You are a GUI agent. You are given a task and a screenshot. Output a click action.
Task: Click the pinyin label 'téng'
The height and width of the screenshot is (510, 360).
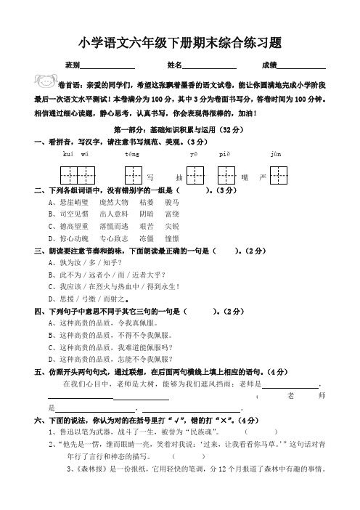pyautogui.click(x=132, y=155)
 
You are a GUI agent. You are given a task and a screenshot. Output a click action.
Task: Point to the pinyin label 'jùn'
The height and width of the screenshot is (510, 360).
pyautogui.click(x=275, y=155)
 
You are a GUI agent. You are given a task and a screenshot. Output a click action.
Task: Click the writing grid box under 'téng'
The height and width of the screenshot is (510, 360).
pyautogui.click(x=133, y=175)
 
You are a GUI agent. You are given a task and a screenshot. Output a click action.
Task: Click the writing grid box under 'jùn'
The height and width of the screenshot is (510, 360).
pyautogui.click(x=276, y=175)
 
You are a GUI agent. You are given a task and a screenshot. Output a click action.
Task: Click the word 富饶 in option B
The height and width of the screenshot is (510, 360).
pyautogui.click(x=173, y=214)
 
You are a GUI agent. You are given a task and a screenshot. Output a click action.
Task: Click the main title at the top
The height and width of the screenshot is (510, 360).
pyautogui.click(x=181, y=43)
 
